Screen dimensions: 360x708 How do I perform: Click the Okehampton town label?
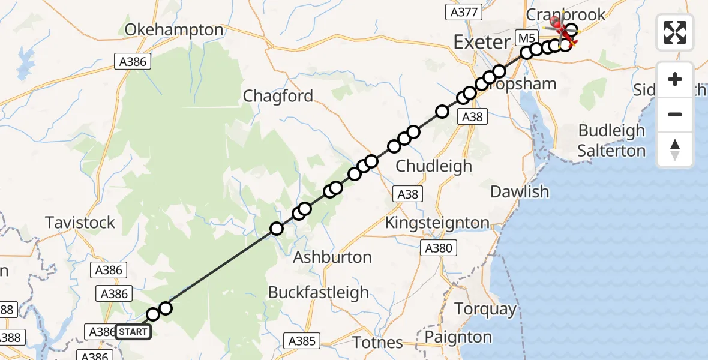pos(174,30)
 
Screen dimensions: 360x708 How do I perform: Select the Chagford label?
pos(278,96)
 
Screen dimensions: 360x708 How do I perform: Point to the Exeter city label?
pos(481,43)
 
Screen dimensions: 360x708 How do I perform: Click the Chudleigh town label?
pos(434,166)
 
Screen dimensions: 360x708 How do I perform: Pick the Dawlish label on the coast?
pos(520,192)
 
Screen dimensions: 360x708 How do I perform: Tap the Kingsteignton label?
pos(437,223)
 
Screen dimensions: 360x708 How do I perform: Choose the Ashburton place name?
pos(332,257)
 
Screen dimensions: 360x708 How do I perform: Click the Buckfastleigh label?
pos(319,293)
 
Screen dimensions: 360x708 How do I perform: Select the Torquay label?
pos(485,310)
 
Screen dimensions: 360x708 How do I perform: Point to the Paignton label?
pos(458,337)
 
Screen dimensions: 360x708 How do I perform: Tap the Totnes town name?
pos(378,343)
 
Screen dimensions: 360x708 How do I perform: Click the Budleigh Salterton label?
pos(611,140)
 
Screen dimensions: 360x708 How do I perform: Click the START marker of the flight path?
pos(132,332)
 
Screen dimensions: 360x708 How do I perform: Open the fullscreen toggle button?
pos(675,32)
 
